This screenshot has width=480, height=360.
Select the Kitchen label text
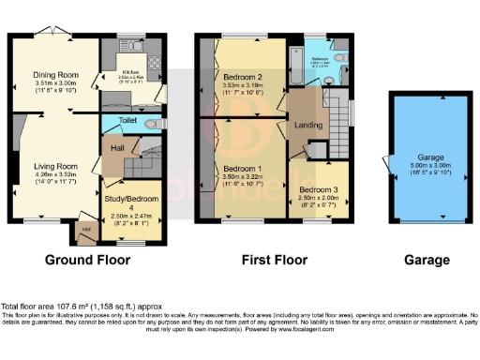click(x=132, y=71)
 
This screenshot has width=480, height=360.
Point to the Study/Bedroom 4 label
click(x=132, y=200)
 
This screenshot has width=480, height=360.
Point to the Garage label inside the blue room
click(x=431, y=157)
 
